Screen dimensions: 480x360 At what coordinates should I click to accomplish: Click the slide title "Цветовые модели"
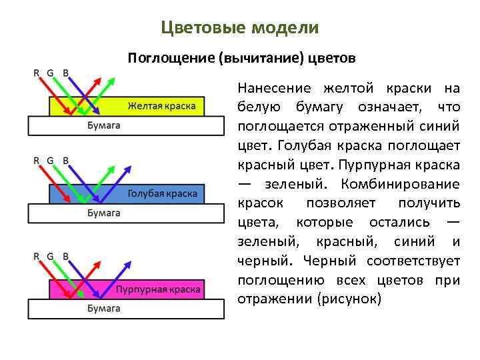pyautogui.click(x=240, y=28)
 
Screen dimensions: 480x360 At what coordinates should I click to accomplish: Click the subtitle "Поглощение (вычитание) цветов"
pyautogui.click(x=242, y=58)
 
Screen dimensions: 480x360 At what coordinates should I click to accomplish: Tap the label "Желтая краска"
pyautogui.click(x=161, y=106)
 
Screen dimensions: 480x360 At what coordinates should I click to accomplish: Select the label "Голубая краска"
pyautogui.click(x=162, y=193)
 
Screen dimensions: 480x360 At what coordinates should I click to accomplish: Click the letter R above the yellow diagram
pyautogui.click(x=37, y=73)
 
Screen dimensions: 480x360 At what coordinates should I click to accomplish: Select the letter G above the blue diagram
pyautogui.click(x=51, y=160)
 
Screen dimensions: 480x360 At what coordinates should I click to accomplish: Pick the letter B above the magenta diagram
pyautogui.click(x=65, y=256)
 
